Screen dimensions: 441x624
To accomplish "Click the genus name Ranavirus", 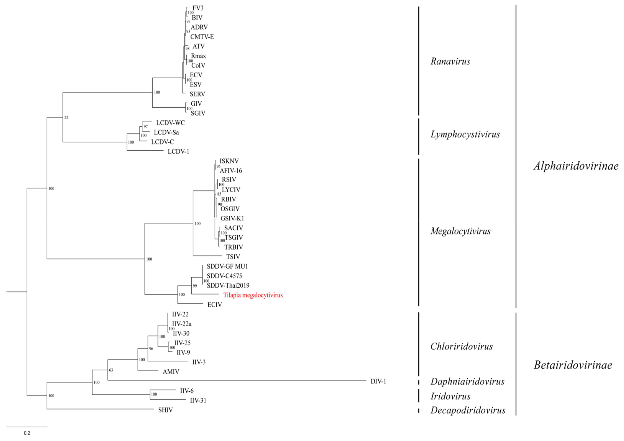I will [x=450, y=61].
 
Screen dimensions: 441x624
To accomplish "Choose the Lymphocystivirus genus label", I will [x=465, y=134].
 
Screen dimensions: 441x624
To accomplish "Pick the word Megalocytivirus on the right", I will [x=460, y=231].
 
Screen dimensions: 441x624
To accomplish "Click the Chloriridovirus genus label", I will [x=462, y=346].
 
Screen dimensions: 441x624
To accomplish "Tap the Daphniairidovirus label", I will [x=467, y=381].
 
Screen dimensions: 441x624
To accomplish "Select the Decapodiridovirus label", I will [x=468, y=410].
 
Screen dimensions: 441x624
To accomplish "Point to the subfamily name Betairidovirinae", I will [x=573, y=365].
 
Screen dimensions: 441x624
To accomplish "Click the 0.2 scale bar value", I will [x=27, y=433].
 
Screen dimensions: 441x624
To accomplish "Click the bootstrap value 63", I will [x=111, y=370].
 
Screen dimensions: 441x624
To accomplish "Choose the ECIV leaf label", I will [x=214, y=305].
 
